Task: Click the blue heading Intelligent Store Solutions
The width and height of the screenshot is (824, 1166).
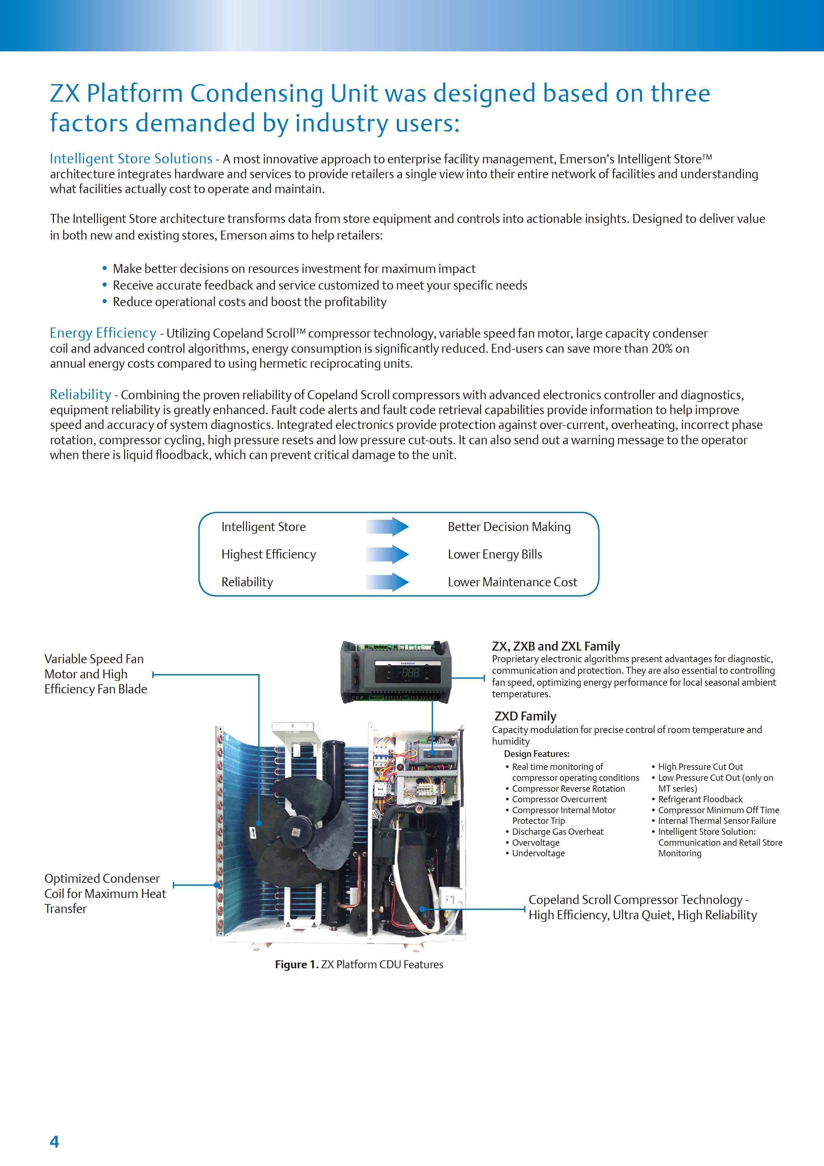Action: pos(131,159)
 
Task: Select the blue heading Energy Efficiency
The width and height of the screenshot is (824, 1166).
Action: pos(103,333)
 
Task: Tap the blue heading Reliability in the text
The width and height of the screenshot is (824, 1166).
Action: pos(80,395)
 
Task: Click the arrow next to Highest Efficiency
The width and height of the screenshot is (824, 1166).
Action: pos(387,554)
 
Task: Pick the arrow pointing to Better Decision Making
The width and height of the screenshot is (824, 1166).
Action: pos(387,527)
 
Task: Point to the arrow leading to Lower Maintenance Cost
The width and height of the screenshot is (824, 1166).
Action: pos(387,582)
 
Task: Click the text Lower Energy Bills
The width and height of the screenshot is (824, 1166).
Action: pos(495,554)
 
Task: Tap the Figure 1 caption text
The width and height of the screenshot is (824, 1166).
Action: pos(359,964)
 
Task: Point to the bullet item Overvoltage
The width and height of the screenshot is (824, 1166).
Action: pos(535,842)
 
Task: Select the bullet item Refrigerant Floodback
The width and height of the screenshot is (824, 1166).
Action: pos(700,799)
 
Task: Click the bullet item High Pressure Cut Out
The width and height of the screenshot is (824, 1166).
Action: pos(700,767)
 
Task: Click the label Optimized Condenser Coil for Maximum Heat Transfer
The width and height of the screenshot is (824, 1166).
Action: pos(105,893)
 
